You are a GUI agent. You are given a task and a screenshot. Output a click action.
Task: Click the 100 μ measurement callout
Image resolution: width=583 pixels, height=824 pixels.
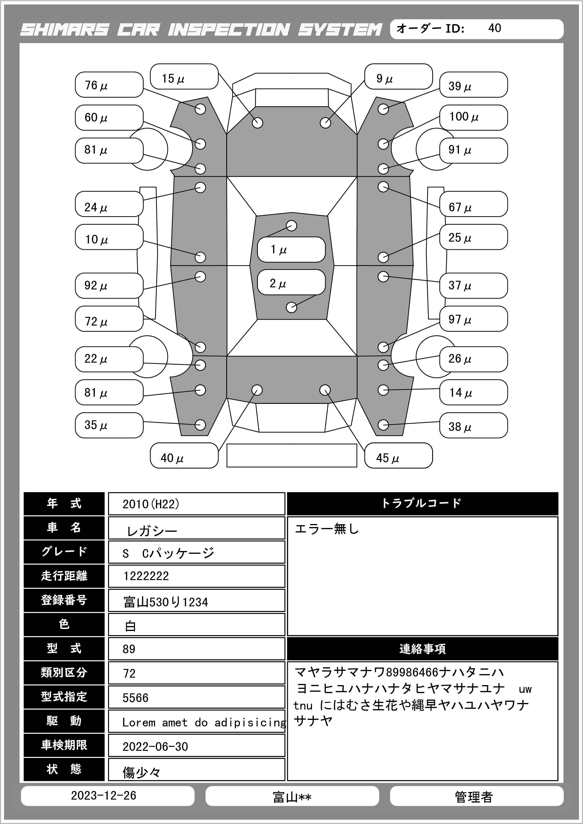pyautogui.click(x=473, y=117)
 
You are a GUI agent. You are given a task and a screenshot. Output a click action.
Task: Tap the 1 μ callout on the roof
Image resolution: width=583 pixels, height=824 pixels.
pyautogui.click(x=291, y=249)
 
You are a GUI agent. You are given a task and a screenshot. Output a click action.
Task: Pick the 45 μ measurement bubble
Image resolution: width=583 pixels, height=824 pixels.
pyautogui.click(x=398, y=456)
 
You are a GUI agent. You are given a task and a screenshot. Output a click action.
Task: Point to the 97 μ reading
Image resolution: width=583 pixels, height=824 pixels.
pyautogui.click(x=473, y=319)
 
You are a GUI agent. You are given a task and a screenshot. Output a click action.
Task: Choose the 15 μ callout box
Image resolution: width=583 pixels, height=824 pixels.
pyautogui.click(x=184, y=77)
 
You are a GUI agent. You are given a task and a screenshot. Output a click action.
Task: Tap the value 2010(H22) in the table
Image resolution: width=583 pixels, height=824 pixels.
pyautogui.click(x=151, y=504)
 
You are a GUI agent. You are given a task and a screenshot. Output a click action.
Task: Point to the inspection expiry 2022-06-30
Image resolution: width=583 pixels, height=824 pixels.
pyautogui.click(x=155, y=747)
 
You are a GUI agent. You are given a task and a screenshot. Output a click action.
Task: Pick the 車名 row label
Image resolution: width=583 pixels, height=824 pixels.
pyautogui.click(x=64, y=528)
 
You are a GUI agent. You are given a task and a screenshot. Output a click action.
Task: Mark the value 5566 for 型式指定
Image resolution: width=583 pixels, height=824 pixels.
pyautogui.click(x=135, y=698)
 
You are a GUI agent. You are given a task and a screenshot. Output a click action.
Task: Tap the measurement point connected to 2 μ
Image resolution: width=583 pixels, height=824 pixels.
pyautogui.click(x=291, y=308)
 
